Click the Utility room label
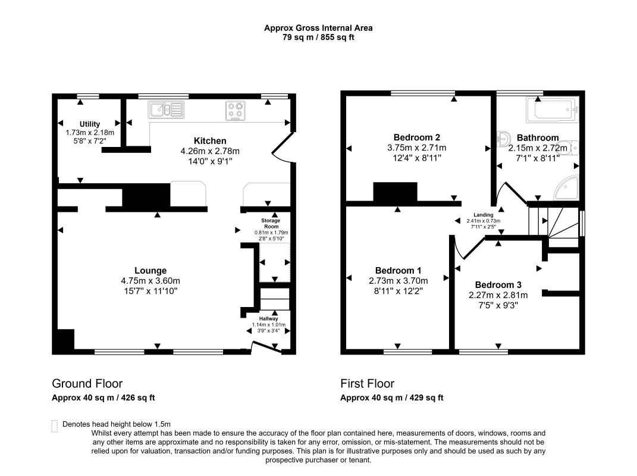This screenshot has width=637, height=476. click(x=90, y=124)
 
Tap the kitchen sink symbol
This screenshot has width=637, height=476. click(x=166, y=109)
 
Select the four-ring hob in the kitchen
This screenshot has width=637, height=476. click(x=236, y=111)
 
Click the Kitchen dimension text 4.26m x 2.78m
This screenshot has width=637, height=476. click(x=210, y=151)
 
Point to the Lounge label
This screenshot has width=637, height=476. click(x=150, y=270)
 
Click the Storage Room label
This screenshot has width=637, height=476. click(x=271, y=224)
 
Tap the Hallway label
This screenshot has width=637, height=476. click(x=268, y=319)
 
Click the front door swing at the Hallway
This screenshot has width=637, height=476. click(x=266, y=347)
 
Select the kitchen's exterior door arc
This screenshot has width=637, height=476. click(x=281, y=148)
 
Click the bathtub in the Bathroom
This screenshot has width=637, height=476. click(x=551, y=109)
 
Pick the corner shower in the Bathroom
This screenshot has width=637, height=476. click(x=566, y=187)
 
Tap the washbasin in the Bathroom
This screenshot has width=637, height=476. click(x=503, y=139)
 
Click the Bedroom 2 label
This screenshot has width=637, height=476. click(x=417, y=137)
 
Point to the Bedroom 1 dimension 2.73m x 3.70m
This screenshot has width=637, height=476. click(x=398, y=281)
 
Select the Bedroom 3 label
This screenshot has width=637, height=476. click(x=498, y=284)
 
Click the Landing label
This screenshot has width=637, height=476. click(x=484, y=215)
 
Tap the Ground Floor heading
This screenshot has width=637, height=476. click(x=87, y=383)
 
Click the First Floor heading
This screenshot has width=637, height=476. click(x=367, y=383)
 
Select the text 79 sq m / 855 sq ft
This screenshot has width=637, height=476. click(x=319, y=37)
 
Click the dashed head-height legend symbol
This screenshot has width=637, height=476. click(x=55, y=426)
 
